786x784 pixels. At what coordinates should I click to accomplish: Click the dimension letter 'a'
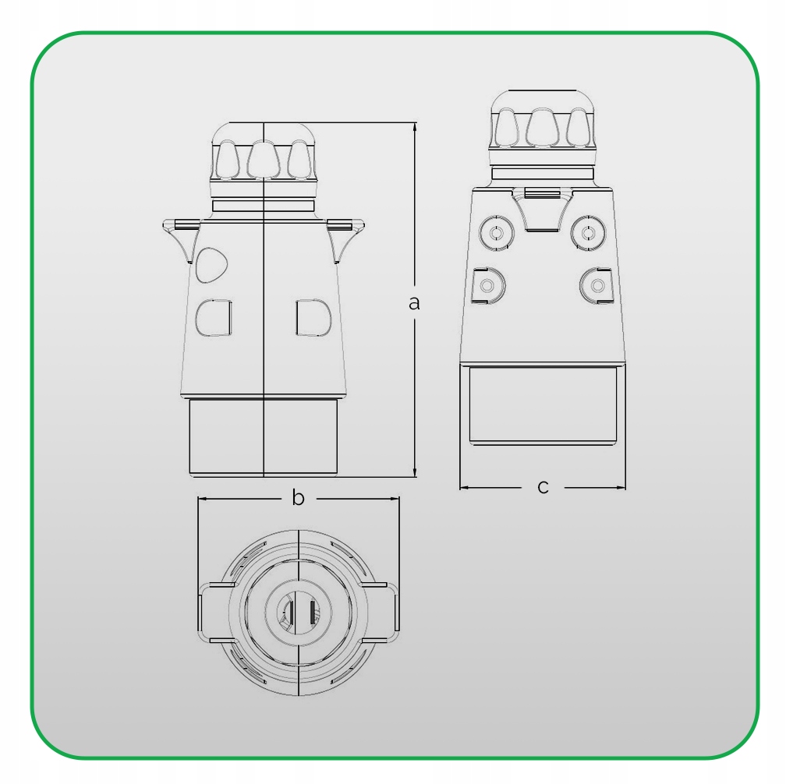(x=414, y=302)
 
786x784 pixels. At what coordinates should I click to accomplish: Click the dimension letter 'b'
(x=298, y=498)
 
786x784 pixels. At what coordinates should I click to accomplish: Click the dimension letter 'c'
(x=543, y=488)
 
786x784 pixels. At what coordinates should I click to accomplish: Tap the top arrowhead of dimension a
(x=414, y=126)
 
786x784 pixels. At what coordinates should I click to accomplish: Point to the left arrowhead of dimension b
(x=202, y=499)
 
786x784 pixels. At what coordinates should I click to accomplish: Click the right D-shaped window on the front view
(x=313, y=317)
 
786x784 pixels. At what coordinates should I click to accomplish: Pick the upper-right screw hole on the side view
(x=587, y=232)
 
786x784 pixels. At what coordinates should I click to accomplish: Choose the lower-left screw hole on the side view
(x=488, y=285)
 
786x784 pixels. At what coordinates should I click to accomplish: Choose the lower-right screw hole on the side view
(x=597, y=285)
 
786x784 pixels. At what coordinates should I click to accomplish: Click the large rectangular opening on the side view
(x=543, y=404)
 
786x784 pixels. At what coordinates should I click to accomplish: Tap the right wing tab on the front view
(x=345, y=234)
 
